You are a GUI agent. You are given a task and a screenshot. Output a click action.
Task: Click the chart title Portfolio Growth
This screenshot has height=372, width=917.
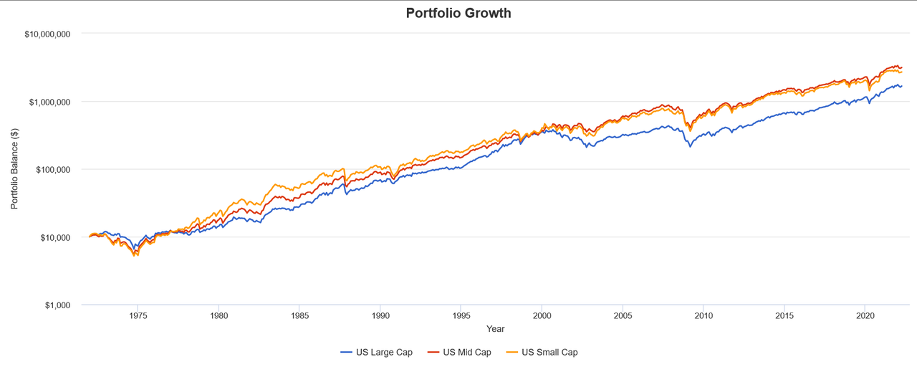coord(458,13)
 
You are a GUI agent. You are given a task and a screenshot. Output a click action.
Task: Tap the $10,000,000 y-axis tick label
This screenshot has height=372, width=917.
coord(48,34)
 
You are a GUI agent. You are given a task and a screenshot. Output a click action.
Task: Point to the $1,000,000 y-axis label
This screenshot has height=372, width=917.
coord(50,102)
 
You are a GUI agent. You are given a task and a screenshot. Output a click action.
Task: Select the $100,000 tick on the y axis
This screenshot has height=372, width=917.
coord(52,170)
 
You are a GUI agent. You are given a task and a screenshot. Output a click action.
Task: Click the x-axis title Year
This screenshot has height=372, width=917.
coord(495,329)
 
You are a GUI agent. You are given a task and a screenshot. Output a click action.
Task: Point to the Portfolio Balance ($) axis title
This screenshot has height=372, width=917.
coord(14,170)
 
